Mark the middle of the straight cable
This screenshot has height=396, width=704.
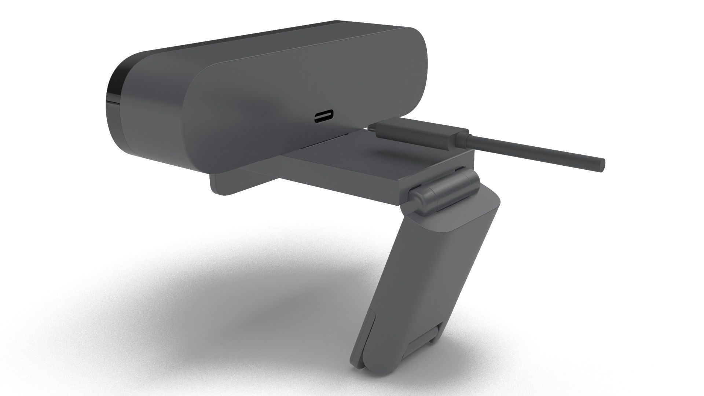pyautogui.click(x=532, y=153)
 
